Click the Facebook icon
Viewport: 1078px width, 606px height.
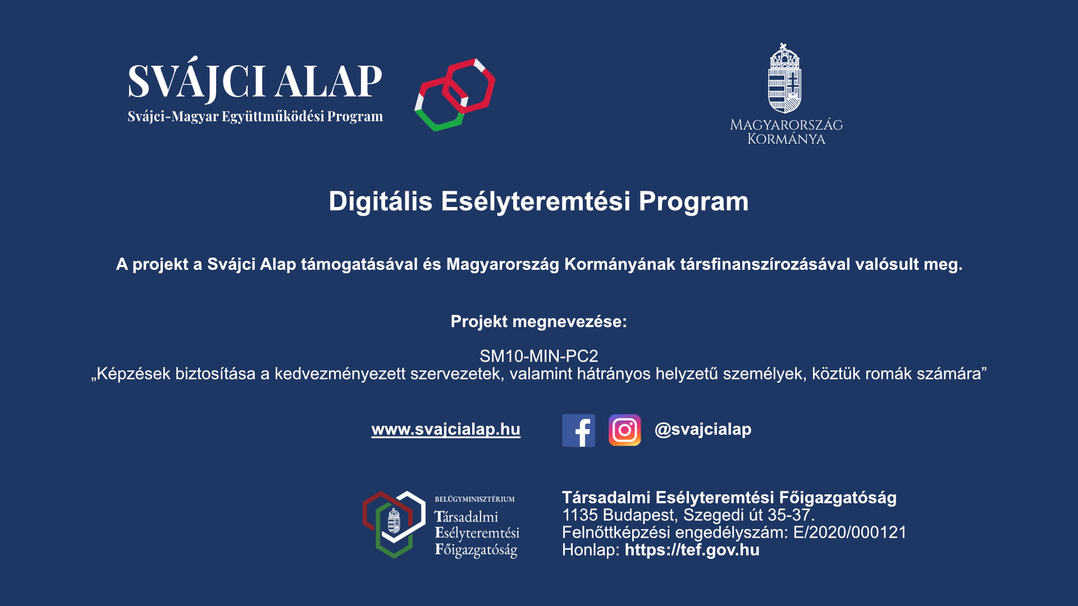(578, 430)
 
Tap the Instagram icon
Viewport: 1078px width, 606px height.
(624, 430)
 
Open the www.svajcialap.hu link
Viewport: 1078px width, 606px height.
(446, 429)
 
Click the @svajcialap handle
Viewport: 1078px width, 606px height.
(703, 429)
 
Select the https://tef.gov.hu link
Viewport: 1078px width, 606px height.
(692, 550)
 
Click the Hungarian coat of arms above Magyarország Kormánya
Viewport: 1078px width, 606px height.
(785, 78)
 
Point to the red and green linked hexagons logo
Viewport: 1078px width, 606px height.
(455, 95)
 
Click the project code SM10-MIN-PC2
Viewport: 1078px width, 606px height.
(539, 356)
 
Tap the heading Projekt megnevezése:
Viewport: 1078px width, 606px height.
(539, 322)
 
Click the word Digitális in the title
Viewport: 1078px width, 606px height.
(380, 201)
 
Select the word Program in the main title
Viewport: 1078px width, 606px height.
(693, 202)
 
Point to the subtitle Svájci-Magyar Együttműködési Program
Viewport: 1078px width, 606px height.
(255, 117)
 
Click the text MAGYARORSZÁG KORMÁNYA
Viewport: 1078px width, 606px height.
(786, 132)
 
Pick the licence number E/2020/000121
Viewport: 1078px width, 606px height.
(849, 532)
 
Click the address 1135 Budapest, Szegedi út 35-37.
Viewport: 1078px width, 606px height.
(688, 515)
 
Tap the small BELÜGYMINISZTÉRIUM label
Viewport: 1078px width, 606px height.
(474, 499)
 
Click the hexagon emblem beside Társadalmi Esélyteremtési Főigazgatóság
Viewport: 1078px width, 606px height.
(394, 525)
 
